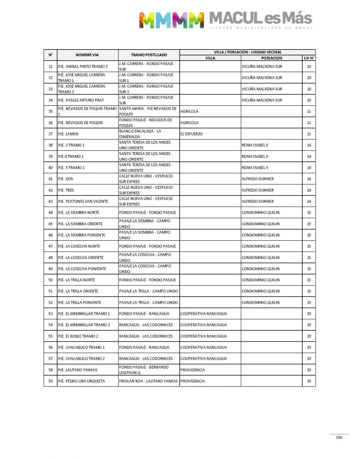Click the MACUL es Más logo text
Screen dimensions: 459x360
point(260,19)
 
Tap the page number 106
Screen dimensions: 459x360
point(339,437)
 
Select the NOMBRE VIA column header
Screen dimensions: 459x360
point(87,55)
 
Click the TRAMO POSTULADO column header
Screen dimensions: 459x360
point(149,55)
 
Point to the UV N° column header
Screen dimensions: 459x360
point(308,58)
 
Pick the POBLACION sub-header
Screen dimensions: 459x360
point(272,58)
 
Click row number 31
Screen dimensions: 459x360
point(50,67)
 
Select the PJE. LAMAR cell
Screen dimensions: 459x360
point(68,134)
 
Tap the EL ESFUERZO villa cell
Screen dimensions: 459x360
point(191,134)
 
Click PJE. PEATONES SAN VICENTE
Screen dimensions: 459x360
point(82,201)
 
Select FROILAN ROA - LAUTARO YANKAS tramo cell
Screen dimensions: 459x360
point(149,381)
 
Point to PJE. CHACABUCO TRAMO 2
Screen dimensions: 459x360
point(81,359)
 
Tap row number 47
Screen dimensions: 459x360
point(50,246)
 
